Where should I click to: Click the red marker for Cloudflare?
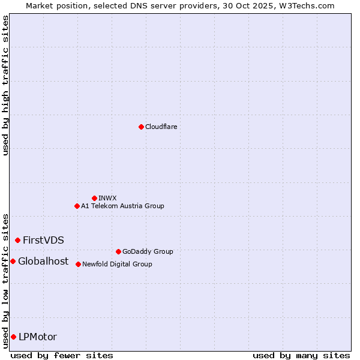pos(141,127)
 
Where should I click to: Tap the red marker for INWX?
pos(94,198)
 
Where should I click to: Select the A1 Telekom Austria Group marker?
pos(77,206)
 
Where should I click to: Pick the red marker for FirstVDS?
pos(17,240)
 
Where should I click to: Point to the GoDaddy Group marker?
pos(118,251)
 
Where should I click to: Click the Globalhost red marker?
pos(13,261)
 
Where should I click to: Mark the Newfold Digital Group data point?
pos(78,264)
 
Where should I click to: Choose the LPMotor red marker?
pos(13,337)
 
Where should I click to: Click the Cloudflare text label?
pos(161,127)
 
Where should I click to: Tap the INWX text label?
pos(107,198)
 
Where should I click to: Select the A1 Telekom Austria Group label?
pos(122,206)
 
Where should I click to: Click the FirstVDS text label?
pos(43,240)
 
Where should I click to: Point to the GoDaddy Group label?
pos(148,251)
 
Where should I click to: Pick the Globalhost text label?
pos(43,261)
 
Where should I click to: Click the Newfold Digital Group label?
pos(117,264)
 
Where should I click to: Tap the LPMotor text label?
pos(38,337)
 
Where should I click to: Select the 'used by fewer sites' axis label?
pos(62,355)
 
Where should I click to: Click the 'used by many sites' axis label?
pos(301,355)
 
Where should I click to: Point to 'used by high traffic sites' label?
pos(5,85)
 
